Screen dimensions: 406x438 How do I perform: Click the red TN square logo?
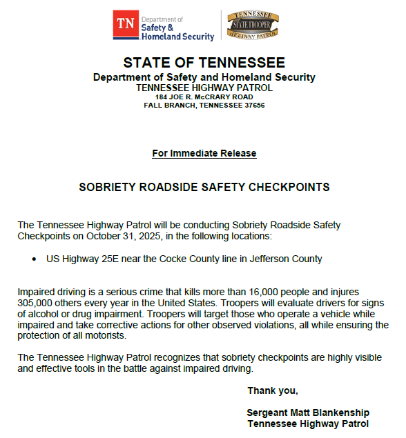tap(125, 23)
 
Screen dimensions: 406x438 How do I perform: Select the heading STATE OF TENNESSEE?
tap(204, 63)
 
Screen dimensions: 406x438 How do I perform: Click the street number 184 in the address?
tap(162, 97)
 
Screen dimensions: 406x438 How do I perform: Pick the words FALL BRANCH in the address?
tap(166, 106)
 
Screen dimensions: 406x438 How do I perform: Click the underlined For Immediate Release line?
tap(204, 153)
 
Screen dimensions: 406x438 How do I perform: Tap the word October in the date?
tap(106, 237)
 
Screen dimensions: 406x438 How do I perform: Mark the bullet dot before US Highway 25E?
tap(35, 259)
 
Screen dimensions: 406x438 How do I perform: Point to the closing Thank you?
tap(273, 391)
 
